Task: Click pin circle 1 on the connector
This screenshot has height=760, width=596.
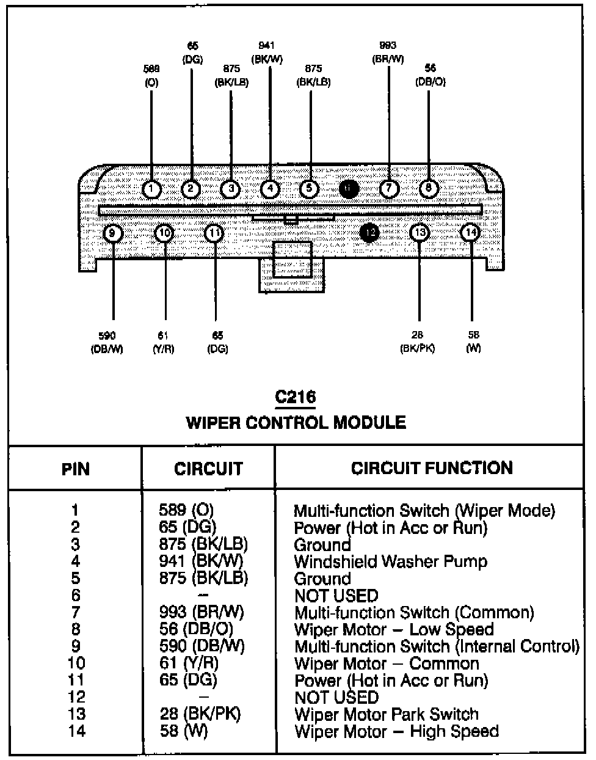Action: pyautogui.click(x=151, y=189)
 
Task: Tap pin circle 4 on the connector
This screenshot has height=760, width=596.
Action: pyautogui.click(x=270, y=189)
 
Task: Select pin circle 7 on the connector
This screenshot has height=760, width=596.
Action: pyautogui.click(x=389, y=188)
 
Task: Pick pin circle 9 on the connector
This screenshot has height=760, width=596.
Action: pyautogui.click(x=113, y=233)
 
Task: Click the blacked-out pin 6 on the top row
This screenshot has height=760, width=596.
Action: pyautogui.click(x=348, y=189)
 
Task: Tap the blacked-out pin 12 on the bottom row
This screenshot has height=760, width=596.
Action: pyautogui.click(x=369, y=233)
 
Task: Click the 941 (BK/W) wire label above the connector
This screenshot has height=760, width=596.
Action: pyautogui.click(x=267, y=53)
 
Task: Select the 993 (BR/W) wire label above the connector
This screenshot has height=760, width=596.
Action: pyautogui.click(x=388, y=53)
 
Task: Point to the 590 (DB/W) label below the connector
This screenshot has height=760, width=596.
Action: pyautogui.click(x=107, y=342)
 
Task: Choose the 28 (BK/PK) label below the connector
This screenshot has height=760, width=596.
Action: pyautogui.click(x=418, y=342)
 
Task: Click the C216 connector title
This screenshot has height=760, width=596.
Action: pyautogui.click(x=295, y=397)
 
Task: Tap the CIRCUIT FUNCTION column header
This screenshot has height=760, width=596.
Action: pyautogui.click(x=431, y=468)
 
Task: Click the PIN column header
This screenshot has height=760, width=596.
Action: pyautogui.click(x=76, y=469)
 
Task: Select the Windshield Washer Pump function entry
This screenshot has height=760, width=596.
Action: pyautogui.click(x=390, y=561)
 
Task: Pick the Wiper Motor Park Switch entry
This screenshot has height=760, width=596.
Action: pyautogui.click(x=387, y=714)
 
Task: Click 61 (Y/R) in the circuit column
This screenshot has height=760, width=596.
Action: pyautogui.click(x=189, y=663)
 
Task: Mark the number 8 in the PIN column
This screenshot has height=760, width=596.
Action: pyautogui.click(x=76, y=629)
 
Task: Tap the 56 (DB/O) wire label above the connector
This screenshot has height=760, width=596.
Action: pyautogui.click(x=431, y=75)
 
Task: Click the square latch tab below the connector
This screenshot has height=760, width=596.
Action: pyautogui.click(x=293, y=261)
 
